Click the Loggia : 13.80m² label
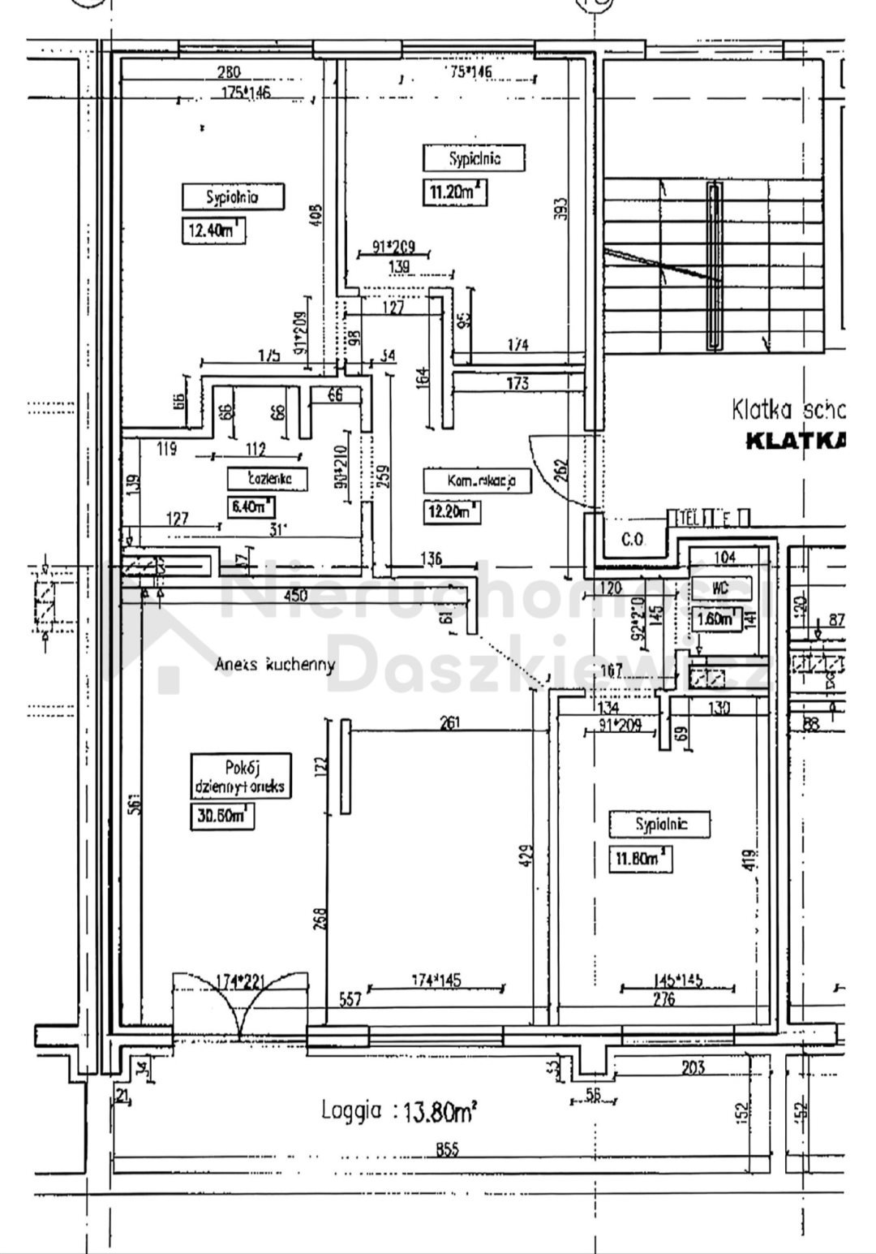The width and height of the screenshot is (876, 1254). [x=397, y=1111]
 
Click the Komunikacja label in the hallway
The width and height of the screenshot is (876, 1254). [x=477, y=480]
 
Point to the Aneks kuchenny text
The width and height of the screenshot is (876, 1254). [x=275, y=665]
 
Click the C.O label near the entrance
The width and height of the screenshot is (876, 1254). [x=632, y=538]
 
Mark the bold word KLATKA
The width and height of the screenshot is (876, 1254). [x=795, y=441]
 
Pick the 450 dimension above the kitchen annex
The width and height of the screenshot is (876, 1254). [x=296, y=596]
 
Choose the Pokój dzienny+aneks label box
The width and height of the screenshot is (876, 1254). [x=240, y=776]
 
